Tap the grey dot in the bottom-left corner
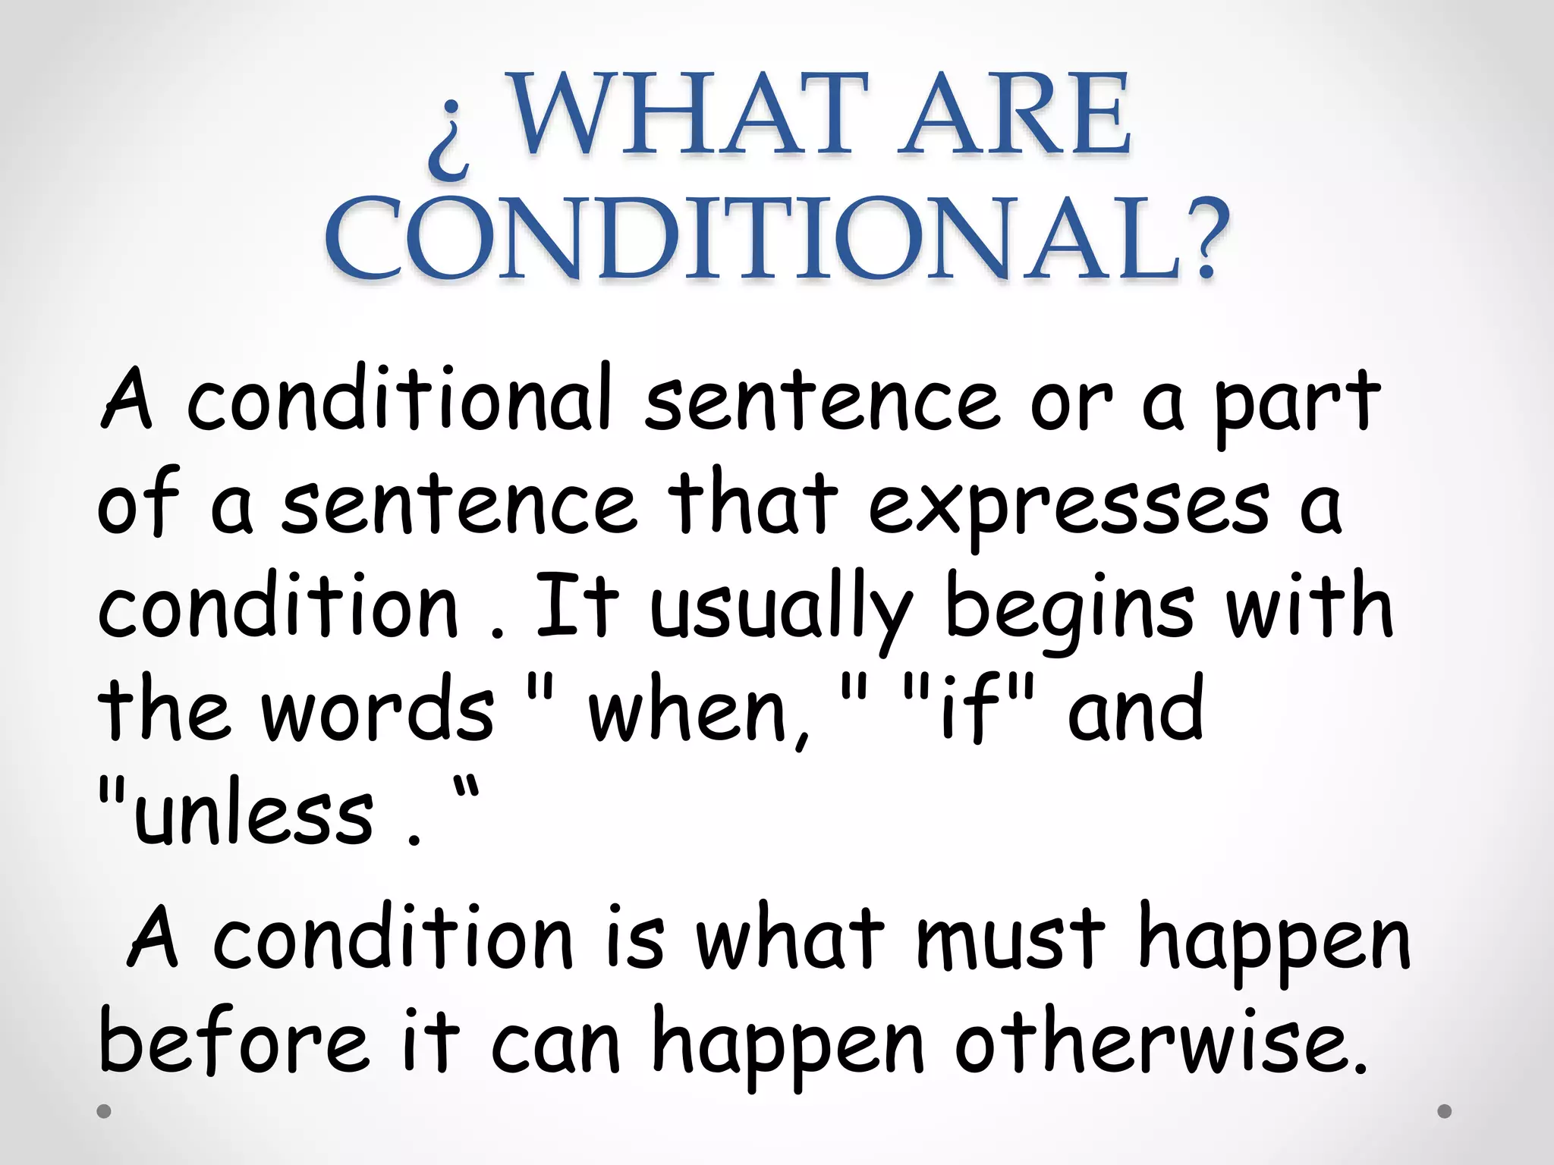coord(105,1112)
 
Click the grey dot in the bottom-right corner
coord(1445,1111)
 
